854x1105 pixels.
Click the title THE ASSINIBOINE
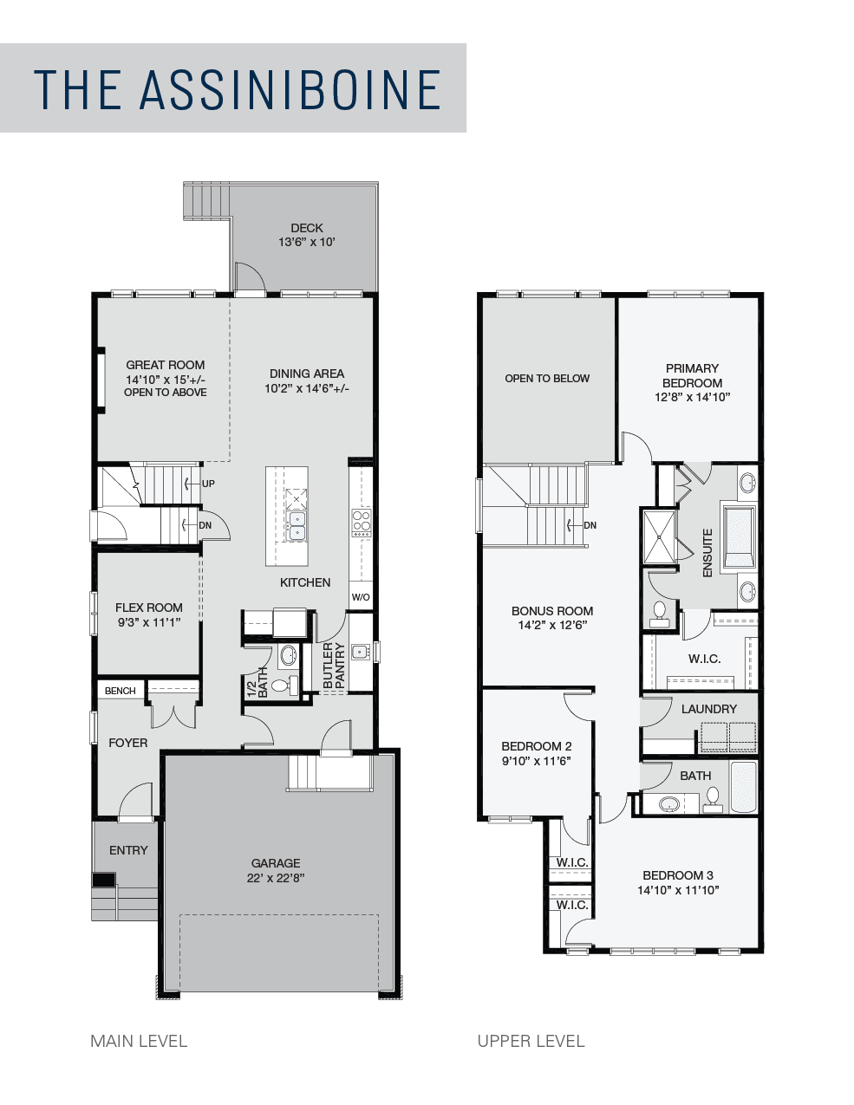[237, 89]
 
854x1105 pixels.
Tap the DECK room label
[307, 228]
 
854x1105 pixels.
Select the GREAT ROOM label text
[166, 365]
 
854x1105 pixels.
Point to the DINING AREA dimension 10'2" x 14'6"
[307, 388]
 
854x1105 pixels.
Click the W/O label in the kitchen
[361, 597]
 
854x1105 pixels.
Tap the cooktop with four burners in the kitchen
[362, 523]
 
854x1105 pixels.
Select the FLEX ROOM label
[148, 608]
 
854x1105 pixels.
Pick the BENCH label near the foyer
[120, 691]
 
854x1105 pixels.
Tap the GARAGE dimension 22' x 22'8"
[276, 878]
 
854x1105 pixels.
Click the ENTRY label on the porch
[128, 849]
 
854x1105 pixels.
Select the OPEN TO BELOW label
[547, 379]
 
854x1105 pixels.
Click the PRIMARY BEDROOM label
[692, 375]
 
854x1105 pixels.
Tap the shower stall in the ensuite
[660, 536]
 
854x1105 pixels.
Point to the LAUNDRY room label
[709, 709]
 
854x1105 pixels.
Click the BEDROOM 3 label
[678, 875]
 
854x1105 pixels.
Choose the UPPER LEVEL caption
[531, 1042]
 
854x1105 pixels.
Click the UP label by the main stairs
[208, 484]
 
